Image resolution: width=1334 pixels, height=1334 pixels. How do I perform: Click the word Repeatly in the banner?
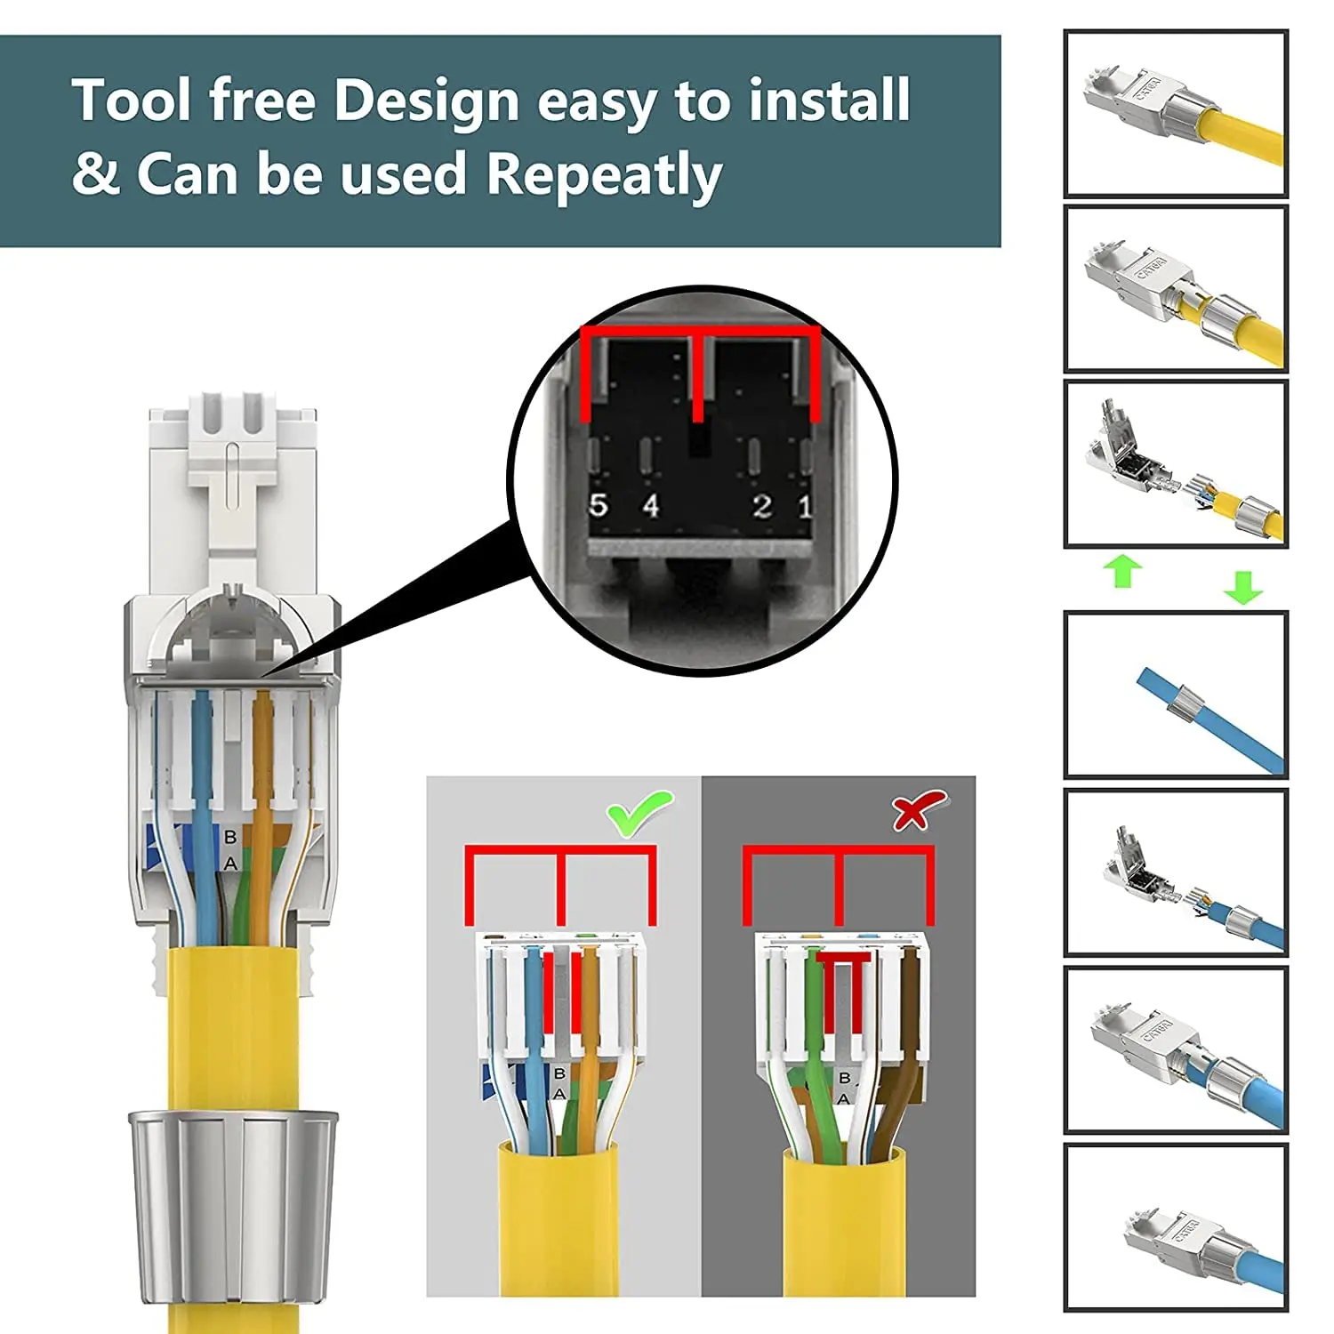604,175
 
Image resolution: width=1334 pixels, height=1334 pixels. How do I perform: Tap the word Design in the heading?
425,100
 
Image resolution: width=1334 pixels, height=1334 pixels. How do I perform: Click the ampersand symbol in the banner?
95,173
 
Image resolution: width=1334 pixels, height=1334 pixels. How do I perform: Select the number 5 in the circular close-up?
599,505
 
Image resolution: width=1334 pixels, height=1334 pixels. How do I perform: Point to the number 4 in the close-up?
651,505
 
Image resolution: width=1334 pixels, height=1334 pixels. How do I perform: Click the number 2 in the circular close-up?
762,505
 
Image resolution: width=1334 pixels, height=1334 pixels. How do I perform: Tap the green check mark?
639,812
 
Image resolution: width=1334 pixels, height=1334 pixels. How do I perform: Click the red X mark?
918,810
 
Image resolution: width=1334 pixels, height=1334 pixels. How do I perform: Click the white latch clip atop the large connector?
232,462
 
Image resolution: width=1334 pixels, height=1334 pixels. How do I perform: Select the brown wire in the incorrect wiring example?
908,1023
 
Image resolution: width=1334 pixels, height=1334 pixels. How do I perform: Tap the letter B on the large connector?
230,837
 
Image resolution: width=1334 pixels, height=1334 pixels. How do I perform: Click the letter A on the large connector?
230,864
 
